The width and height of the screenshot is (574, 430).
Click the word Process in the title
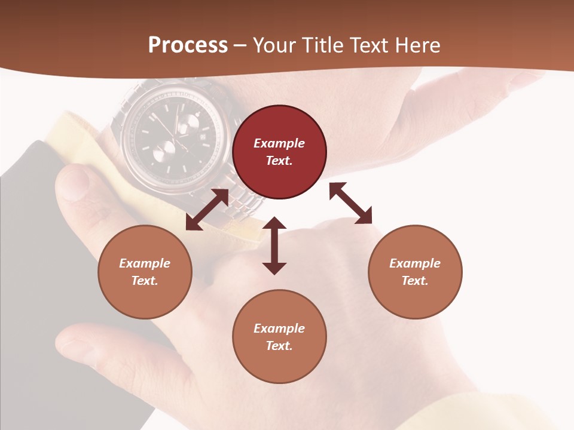[188, 45]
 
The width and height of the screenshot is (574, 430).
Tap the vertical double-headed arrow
[274, 245]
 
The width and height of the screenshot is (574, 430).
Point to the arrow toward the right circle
[350, 203]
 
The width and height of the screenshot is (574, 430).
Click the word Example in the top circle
[279, 143]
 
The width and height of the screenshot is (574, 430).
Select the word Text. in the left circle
[145, 281]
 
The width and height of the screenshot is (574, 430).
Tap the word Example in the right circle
[415, 263]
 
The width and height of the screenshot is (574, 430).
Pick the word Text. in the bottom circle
[279, 346]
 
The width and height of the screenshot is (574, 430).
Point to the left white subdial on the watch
[161, 155]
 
